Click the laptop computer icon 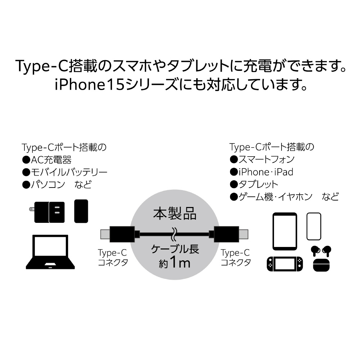(50, 252)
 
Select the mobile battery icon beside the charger (81, 211)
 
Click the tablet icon (285, 231)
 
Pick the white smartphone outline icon (314, 226)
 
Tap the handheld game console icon (285, 265)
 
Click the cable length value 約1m (174, 263)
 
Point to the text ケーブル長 (175, 249)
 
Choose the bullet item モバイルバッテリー (65, 172)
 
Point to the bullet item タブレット (254, 184)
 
